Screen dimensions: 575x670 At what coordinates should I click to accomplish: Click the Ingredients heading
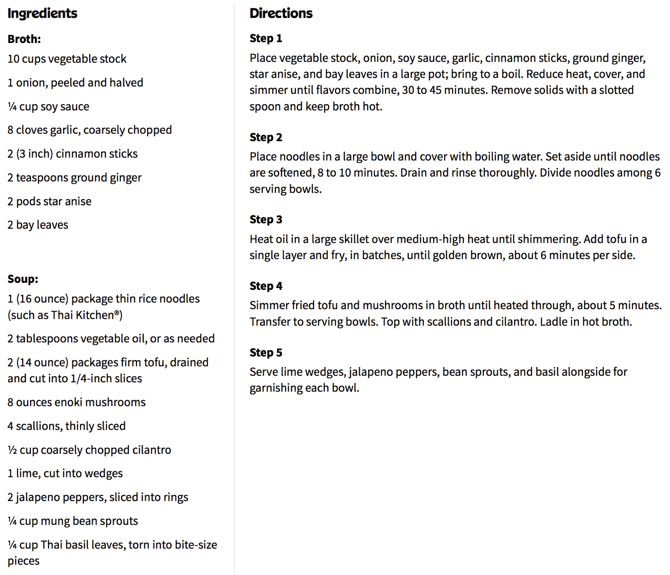tap(42, 13)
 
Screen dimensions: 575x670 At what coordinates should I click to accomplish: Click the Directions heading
tap(281, 13)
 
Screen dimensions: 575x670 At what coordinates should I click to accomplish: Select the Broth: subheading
tap(24, 39)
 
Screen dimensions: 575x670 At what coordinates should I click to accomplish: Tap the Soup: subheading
tap(23, 279)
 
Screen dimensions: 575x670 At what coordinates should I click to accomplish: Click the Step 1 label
tap(266, 38)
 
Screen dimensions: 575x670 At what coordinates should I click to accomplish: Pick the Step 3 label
tap(266, 219)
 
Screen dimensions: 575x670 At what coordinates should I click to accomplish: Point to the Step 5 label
tap(266, 353)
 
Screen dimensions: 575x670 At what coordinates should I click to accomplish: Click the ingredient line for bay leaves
tap(38, 225)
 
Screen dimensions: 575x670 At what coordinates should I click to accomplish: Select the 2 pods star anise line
tap(49, 201)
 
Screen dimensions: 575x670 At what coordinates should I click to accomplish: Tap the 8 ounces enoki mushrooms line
tap(76, 402)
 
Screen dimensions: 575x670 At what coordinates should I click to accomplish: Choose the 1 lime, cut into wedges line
tap(65, 473)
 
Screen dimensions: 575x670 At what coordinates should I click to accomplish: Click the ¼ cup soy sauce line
tap(48, 106)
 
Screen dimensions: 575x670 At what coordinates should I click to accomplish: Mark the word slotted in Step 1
tap(616, 90)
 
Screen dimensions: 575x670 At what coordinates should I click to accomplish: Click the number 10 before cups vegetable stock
tap(13, 59)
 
